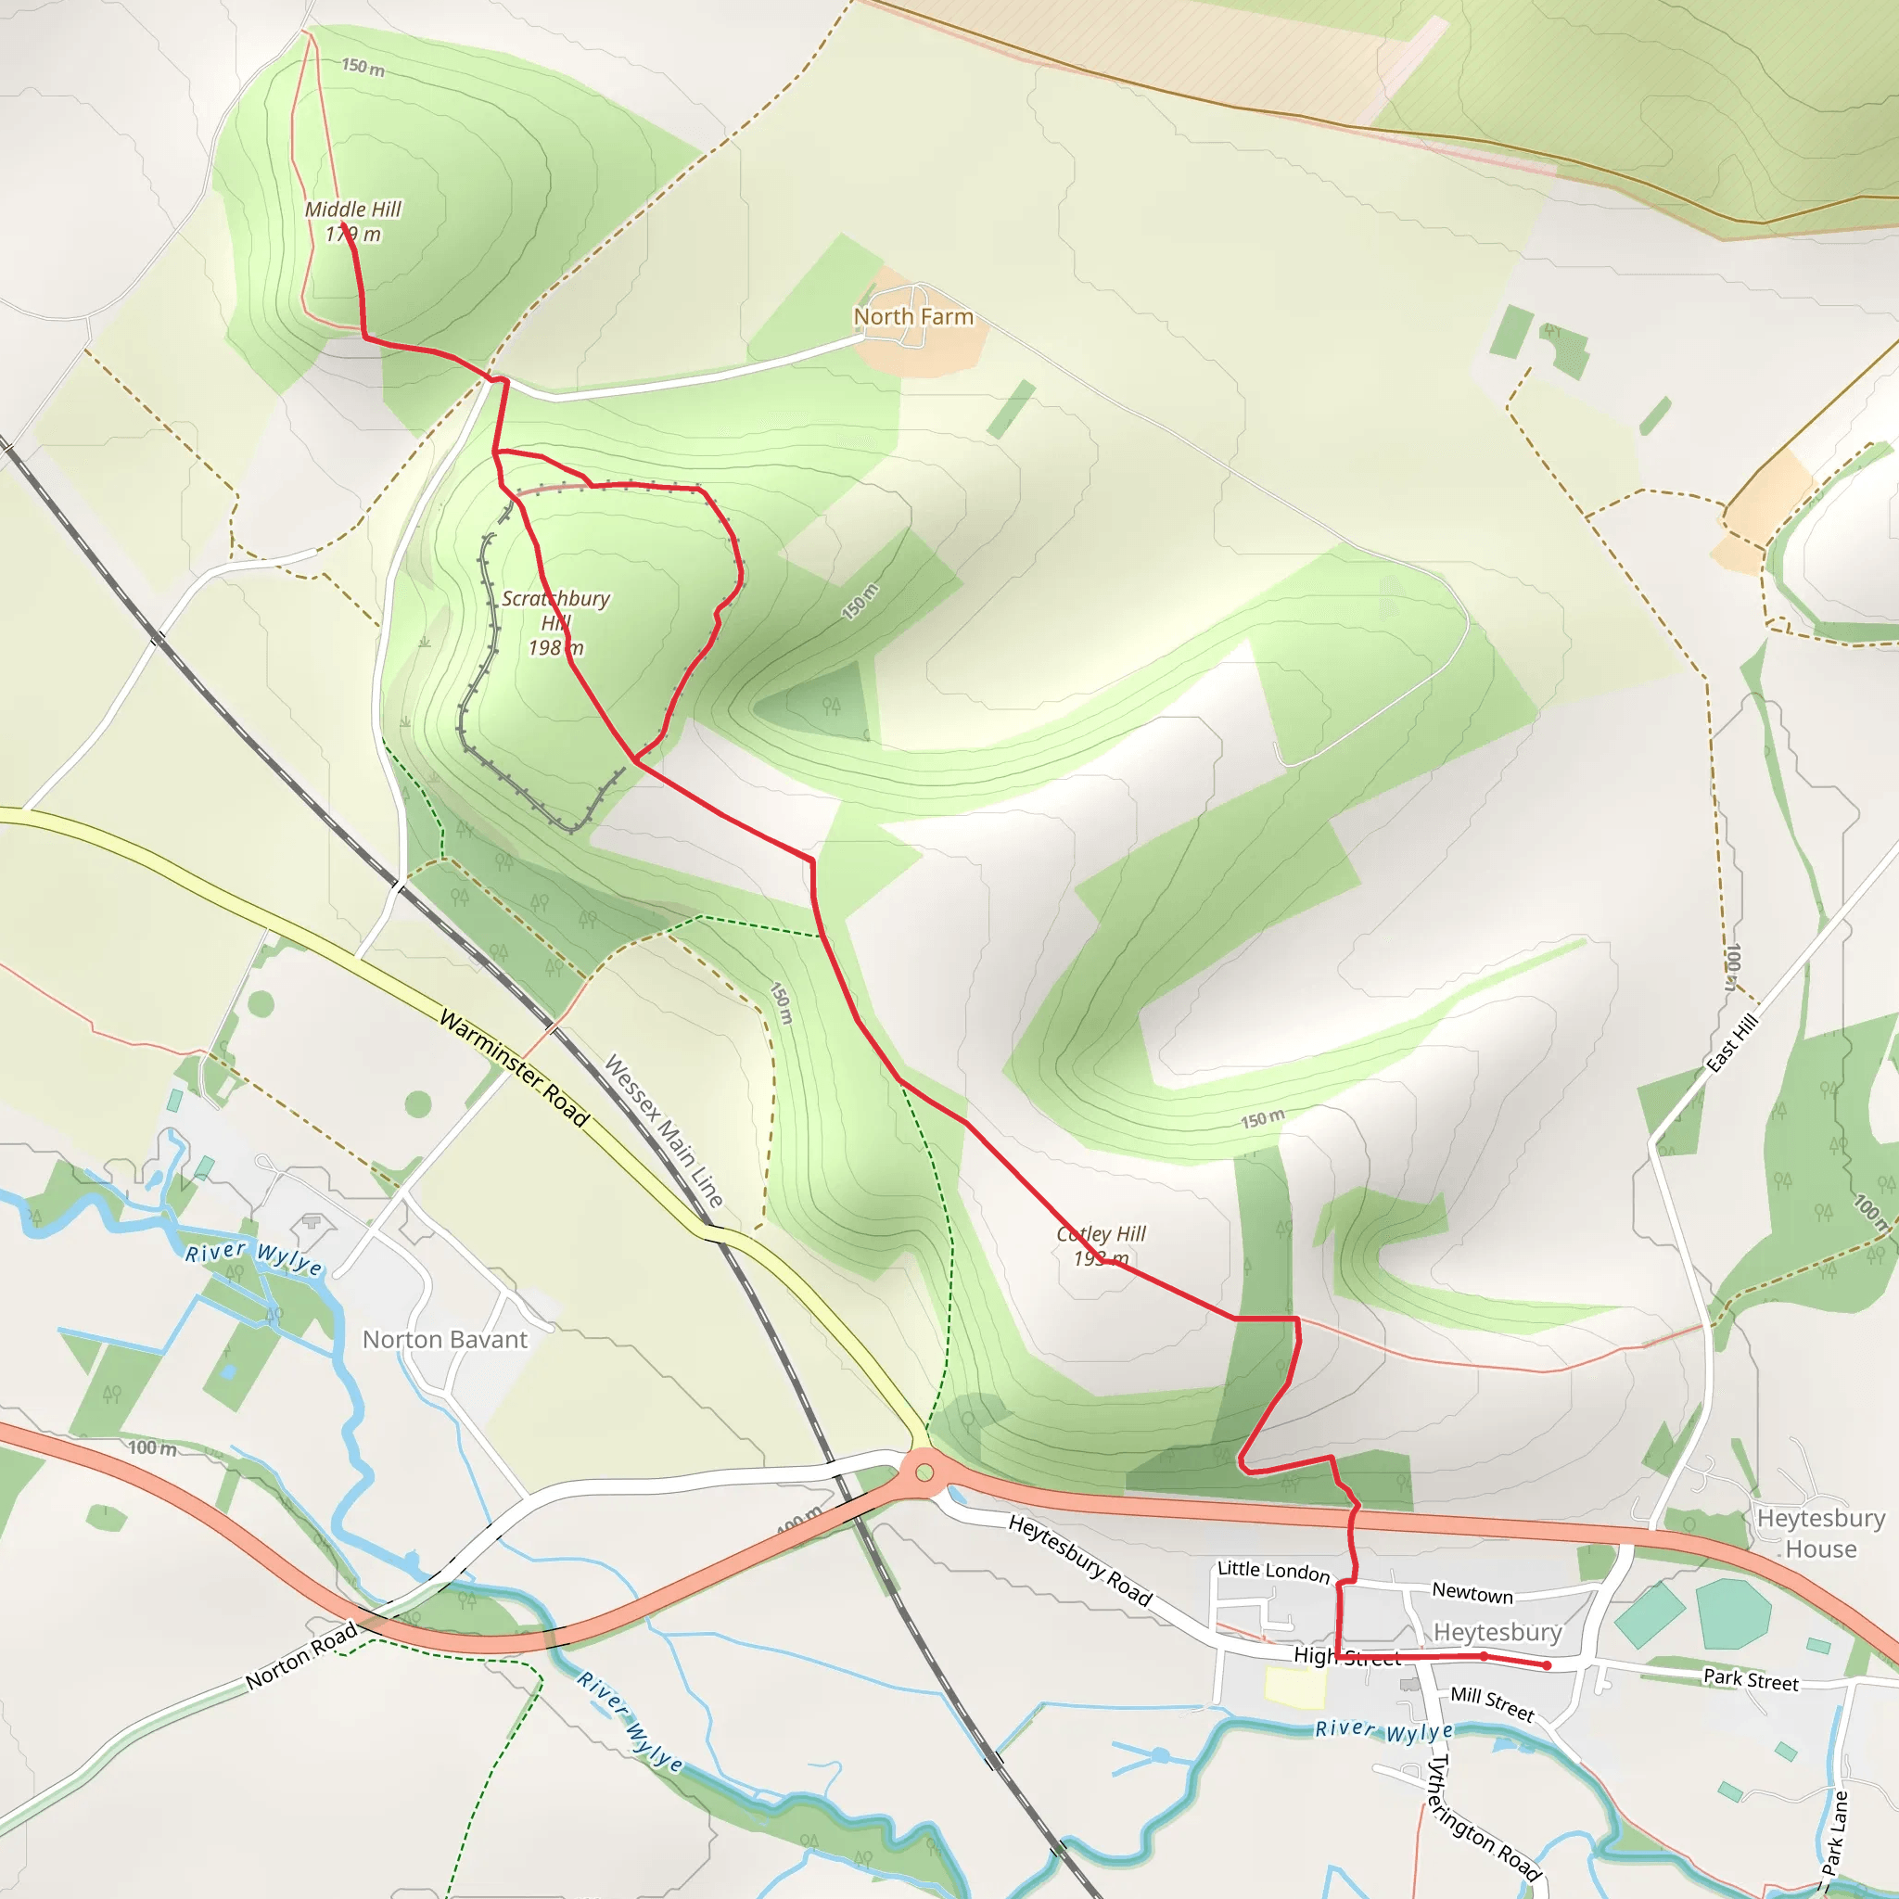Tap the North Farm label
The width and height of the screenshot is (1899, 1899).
click(x=913, y=316)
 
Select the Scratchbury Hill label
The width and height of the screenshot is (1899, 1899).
click(x=555, y=622)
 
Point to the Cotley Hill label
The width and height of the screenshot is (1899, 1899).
click(x=1101, y=1245)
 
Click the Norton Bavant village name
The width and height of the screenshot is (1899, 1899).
click(x=444, y=1339)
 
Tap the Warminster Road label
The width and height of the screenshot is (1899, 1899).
click(x=513, y=1067)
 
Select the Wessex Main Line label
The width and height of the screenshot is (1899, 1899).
click(x=664, y=1130)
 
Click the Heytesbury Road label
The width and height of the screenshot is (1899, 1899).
click(x=1080, y=1560)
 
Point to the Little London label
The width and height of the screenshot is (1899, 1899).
click(x=1273, y=1570)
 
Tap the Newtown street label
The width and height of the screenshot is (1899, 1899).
click(x=1472, y=1591)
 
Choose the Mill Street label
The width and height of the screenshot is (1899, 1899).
click(x=1492, y=1703)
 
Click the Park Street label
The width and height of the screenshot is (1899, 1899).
click(x=1751, y=1680)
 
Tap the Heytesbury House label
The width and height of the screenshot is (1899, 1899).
click(x=1820, y=1534)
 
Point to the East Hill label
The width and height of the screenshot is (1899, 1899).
click(x=1731, y=1043)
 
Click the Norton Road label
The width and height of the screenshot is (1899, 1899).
click(x=301, y=1655)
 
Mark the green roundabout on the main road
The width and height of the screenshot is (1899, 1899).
click(x=924, y=1472)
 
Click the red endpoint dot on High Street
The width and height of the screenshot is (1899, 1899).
click(x=1546, y=1665)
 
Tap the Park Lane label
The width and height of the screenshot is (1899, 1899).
click(x=1834, y=1833)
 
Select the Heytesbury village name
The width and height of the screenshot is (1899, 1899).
click(x=1497, y=1632)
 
